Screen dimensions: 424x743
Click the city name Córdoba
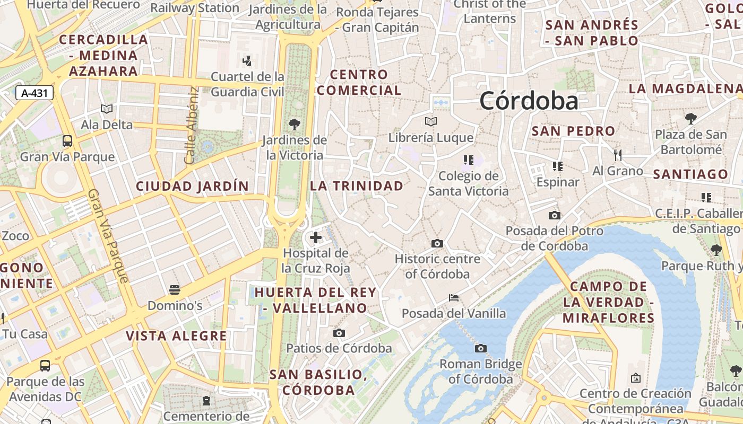[x=529, y=101]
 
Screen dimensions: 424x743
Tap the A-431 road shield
[x=34, y=93]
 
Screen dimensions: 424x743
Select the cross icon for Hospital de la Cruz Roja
[x=316, y=237]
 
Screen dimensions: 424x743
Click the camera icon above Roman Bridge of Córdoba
[x=481, y=348]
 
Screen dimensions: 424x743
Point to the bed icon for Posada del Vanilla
[x=454, y=297]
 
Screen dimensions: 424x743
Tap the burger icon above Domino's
[x=175, y=289]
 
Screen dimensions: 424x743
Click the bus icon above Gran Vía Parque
[x=67, y=141]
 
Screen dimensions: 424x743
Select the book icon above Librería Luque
[x=431, y=122]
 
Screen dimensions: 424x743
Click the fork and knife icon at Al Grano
[x=617, y=155]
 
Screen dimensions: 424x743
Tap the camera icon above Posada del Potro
[x=555, y=215]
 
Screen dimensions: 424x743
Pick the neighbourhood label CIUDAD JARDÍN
[x=192, y=186]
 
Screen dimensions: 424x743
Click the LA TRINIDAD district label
[x=357, y=186]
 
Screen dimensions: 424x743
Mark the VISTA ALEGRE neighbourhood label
[x=176, y=335]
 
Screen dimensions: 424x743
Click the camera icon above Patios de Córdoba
[x=339, y=333]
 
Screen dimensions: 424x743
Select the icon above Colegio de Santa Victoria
[x=468, y=160]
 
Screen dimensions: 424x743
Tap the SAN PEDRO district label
[x=573, y=131]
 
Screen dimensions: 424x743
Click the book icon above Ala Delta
[x=107, y=109]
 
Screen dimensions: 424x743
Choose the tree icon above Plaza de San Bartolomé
[x=690, y=118]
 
